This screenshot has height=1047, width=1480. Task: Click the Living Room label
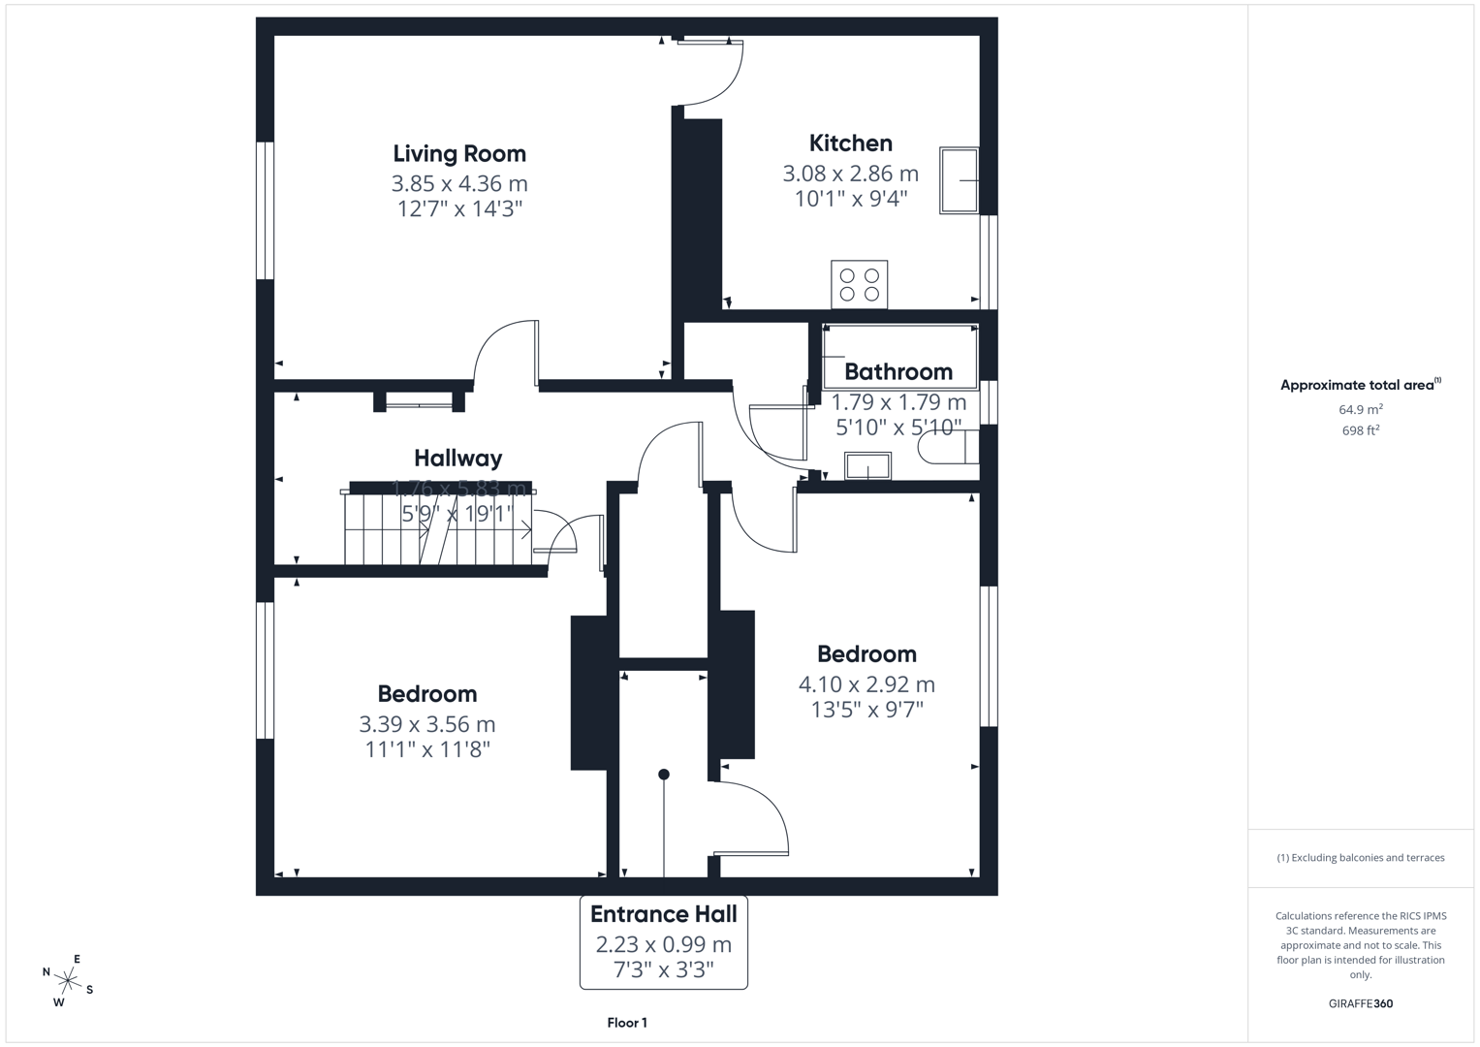[459, 153]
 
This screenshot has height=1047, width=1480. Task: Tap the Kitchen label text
[850, 143]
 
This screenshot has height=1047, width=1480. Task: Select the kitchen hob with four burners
[859, 284]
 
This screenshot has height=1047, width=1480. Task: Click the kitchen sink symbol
[959, 180]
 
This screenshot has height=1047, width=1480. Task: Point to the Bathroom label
[897, 371]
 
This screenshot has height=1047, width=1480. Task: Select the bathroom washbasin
[867, 466]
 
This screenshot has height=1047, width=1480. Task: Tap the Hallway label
[457, 458]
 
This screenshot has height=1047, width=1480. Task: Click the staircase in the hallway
[436, 529]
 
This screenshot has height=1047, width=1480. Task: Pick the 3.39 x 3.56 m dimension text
[426, 724]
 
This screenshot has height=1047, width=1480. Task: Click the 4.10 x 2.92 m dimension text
[866, 684]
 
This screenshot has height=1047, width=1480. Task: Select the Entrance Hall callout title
[663, 914]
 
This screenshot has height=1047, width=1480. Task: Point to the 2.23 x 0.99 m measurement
[663, 944]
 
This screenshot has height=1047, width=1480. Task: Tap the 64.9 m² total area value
[1360, 409]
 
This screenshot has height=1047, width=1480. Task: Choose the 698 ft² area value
[1360, 430]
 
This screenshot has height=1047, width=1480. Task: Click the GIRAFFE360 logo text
[1360, 1003]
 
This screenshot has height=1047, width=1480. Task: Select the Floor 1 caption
[627, 1023]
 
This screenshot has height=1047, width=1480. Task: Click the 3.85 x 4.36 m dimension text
[459, 183]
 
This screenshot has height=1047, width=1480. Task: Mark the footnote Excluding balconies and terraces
[1360, 858]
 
